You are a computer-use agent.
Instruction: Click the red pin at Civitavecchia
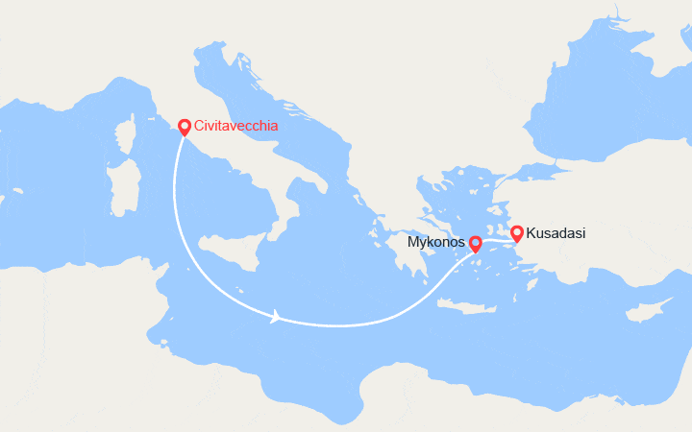coord(184,126)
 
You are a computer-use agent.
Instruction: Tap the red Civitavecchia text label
coord(236,126)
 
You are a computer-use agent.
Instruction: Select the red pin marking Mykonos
coord(475,244)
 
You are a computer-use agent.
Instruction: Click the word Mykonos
coord(437,244)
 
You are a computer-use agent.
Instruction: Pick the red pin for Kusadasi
coord(516,232)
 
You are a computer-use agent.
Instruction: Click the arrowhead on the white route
coord(276,316)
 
